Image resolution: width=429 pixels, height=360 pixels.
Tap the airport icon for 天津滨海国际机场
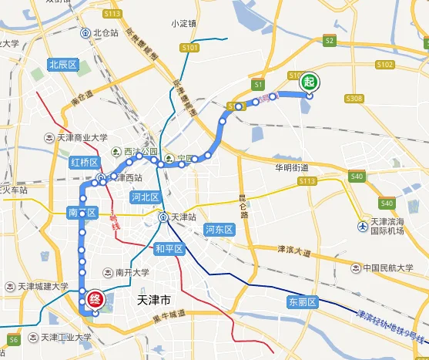click(363, 226)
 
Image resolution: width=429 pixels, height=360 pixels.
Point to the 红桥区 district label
click(83, 162)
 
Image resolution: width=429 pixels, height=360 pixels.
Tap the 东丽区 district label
click(302, 301)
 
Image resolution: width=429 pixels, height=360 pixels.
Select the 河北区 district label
click(144, 197)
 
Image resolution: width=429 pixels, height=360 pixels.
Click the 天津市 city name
click(157, 298)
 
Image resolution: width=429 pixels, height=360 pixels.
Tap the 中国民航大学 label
click(389, 268)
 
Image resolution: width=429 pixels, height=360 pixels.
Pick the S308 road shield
click(354, 99)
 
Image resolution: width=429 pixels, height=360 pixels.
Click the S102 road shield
click(386, 65)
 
